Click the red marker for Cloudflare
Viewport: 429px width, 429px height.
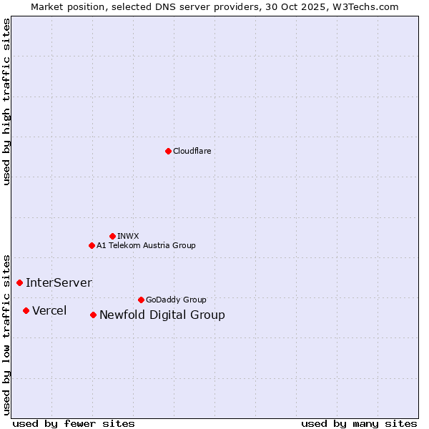[168, 151]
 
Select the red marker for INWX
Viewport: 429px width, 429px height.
[112, 236]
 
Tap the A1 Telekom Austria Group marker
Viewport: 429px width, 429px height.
[92, 245]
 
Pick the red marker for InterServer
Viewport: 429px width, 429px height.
[19, 282]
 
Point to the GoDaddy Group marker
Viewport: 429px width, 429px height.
[141, 300]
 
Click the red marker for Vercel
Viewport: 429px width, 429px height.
[26, 310]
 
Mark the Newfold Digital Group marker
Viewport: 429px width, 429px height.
[93, 315]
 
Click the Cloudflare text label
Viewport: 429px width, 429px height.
[192, 151]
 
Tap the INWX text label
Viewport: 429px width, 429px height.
[128, 236]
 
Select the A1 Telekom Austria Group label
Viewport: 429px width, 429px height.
[146, 245]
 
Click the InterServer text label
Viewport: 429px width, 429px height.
[59, 282]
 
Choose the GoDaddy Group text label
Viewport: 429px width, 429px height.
[176, 300]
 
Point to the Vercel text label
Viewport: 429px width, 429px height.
[49, 310]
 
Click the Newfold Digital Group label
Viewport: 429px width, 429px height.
[162, 315]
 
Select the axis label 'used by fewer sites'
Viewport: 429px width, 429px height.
[74, 423]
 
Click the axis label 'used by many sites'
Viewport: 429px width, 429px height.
[359, 423]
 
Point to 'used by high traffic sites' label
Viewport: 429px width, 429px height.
[6, 102]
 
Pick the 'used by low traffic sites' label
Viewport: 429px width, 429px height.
[6, 334]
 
